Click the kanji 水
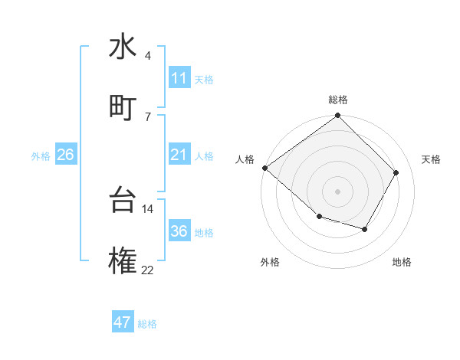tap(123, 47)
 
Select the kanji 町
tap(123, 107)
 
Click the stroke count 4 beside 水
tap(148, 56)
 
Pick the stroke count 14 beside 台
tap(148, 208)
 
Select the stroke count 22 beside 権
tap(148, 270)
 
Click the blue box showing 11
tap(179, 78)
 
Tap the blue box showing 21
tap(179, 155)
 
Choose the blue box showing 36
tap(179, 231)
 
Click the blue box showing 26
tap(66, 155)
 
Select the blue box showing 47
tap(123, 322)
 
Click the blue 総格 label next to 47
tap(147, 324)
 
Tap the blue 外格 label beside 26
tap(41, 156)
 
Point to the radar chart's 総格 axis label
tap(338, 100)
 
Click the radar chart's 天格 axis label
tap(431, 159)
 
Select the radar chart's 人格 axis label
tap(245, 159)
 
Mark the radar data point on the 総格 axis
tap(338, 116)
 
